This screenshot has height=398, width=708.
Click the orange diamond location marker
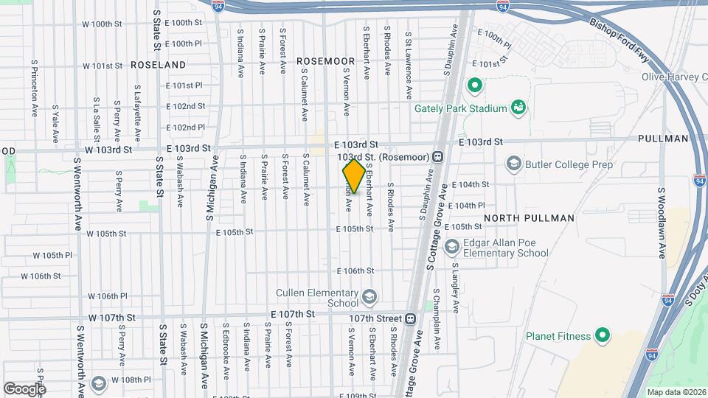point(354,176)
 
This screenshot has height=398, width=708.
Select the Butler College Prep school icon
point(514,163)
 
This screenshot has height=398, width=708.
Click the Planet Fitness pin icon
point(603,335)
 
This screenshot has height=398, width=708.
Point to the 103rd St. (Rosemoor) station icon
point(437,156)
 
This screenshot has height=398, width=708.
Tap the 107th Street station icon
point(411,318)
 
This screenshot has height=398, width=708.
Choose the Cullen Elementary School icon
point(369,297)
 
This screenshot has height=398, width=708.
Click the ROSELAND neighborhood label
point(158,65)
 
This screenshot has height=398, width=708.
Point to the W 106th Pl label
point(108,296)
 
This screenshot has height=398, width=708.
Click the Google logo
point(24,388)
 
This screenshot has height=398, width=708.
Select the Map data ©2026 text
point(676,391)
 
